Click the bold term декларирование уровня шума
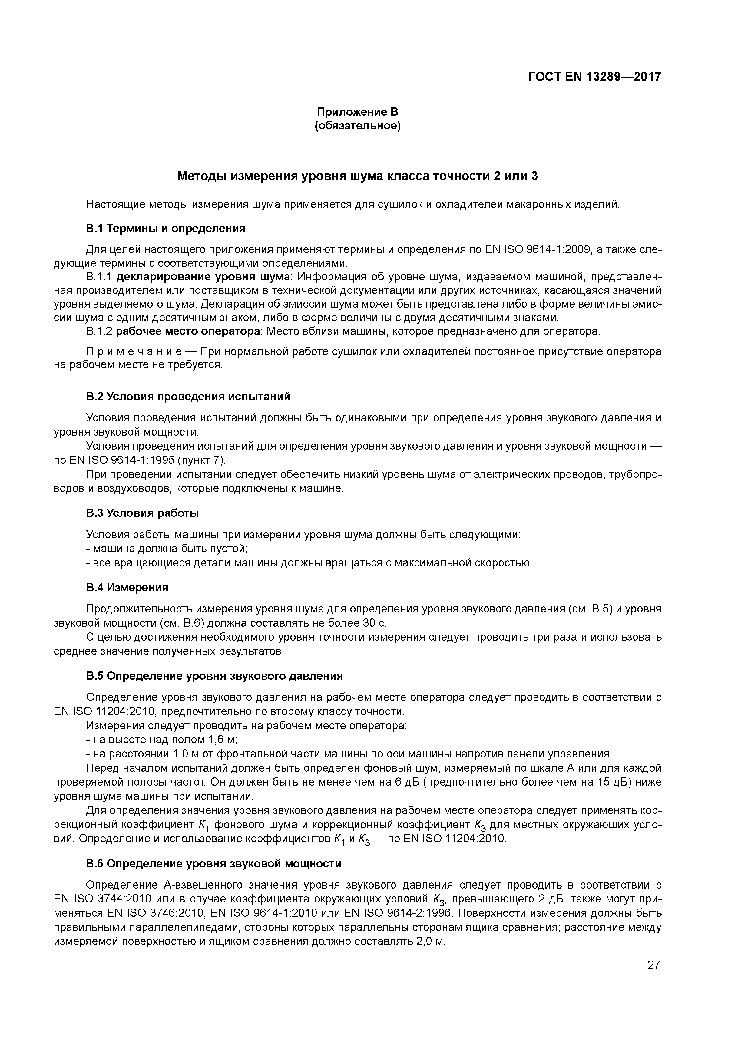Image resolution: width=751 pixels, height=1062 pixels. click(203, 277)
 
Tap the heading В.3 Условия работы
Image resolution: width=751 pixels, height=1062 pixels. click(143, 513)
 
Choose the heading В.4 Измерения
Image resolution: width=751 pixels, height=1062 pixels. click(127, 587)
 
